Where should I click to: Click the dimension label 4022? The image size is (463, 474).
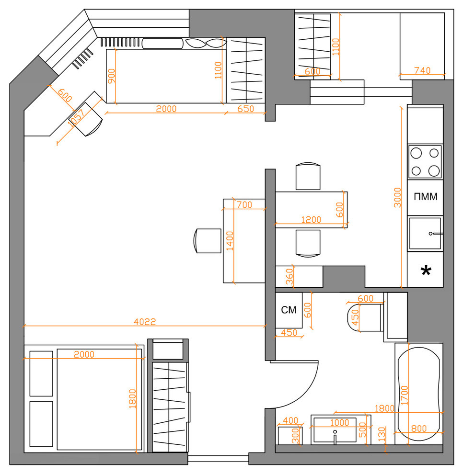click(x=145, y=321)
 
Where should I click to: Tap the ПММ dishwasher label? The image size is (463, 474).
click(x=426, y=197)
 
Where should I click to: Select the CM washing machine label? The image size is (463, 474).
click(x=289, y=310)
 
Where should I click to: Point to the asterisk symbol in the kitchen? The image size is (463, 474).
click(x=426, y=270)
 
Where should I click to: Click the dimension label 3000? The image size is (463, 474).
click(x=397, y=197)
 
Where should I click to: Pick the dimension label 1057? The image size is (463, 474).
click(x=76, y=118)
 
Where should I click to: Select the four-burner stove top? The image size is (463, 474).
click(x=425, y=162)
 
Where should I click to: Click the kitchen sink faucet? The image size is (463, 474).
click(x=436, y=234)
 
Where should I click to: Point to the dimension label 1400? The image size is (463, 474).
click(x=230, y=241)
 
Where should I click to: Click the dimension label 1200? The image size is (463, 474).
click(x=311, y=219)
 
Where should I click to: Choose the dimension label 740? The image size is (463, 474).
click(x=422, y=70)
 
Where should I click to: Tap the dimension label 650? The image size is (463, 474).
click(x=245, y=109)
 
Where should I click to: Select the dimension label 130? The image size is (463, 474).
click(x=382, y=434)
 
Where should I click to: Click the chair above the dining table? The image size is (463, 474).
click(x=308, y=176)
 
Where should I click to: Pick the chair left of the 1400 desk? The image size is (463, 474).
click(x=207, y=241)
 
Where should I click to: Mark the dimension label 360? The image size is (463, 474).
click(x=289, y=277)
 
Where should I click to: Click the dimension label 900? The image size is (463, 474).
click(x=111, y=76)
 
